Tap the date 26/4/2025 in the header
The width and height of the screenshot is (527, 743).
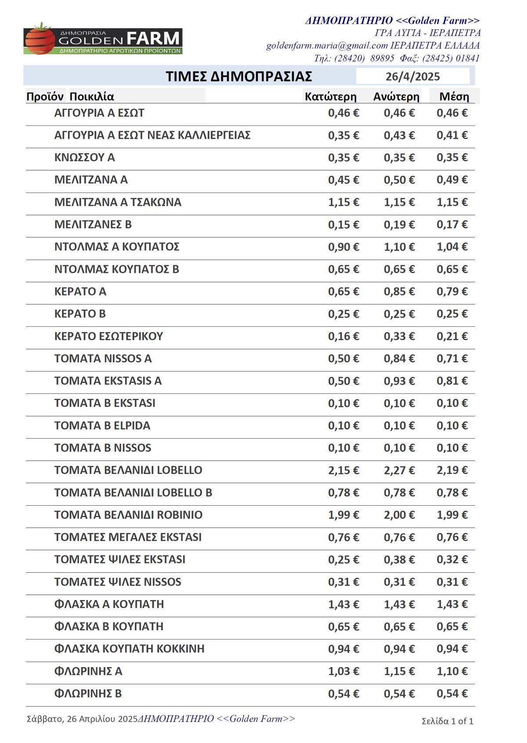point(412,77)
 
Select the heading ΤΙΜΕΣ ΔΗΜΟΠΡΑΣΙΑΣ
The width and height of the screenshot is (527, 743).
point(238,76)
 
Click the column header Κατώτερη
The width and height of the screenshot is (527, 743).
point(330,96)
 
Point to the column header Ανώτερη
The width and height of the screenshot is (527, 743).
point(396,96)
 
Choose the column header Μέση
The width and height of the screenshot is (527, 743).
point(454,96)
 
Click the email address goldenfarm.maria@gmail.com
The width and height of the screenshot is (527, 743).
point(327,46)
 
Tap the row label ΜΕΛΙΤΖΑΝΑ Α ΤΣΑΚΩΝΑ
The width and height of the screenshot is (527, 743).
point(118,202)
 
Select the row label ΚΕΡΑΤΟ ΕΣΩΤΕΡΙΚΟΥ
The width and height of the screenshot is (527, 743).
point(108,336)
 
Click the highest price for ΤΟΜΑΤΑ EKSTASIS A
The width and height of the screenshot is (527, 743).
point(399,381)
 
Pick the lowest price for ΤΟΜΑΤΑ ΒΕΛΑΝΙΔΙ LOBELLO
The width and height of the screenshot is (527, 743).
point(343,470)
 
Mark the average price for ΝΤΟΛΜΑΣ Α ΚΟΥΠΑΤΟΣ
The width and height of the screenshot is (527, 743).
point(451,247)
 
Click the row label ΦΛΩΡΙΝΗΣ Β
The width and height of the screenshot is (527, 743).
point(88,693)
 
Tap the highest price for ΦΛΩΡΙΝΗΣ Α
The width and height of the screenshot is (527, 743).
point(399,671)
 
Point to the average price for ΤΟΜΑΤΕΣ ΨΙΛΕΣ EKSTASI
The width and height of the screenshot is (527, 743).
point(451,560)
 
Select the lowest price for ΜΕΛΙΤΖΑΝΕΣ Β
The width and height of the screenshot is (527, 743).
point(343,225)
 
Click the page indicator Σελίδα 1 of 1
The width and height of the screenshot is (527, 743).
point(447,721)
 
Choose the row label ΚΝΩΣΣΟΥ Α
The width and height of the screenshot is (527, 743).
point(84,157)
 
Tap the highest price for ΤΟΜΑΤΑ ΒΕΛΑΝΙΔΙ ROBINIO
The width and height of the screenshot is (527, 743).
point(399,515)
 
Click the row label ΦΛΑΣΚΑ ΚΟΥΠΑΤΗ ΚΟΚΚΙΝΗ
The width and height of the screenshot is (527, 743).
point(129,649)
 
